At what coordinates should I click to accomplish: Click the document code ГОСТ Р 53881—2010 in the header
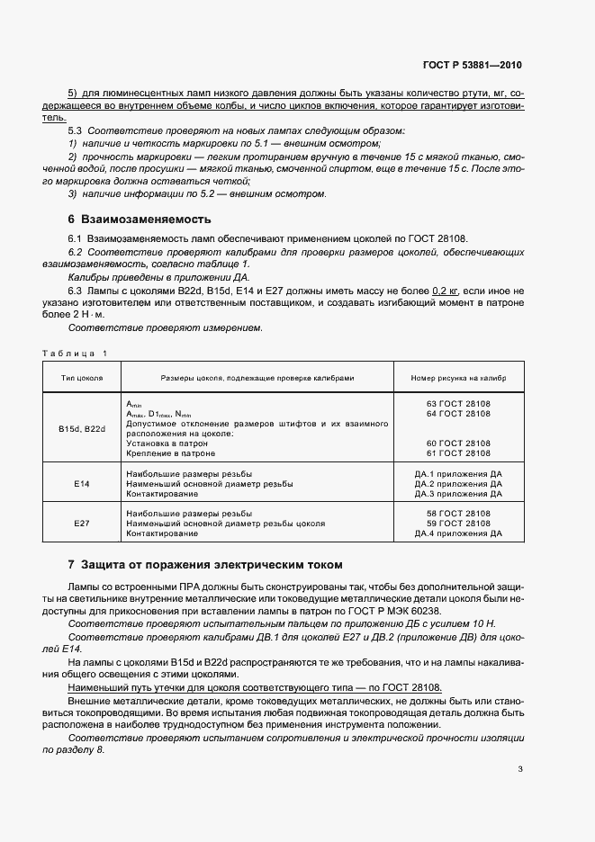click(472, 66)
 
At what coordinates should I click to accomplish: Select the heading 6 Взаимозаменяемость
click(140, 219)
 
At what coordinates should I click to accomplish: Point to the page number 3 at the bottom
click(520, 768)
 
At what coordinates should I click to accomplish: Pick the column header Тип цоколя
click(82, 378)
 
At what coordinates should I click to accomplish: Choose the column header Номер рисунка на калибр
click(458, 378)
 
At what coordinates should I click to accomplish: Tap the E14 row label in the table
click(82, 484)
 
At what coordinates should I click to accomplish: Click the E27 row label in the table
click(82, 524)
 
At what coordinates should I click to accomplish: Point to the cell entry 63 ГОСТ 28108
click(458, 404)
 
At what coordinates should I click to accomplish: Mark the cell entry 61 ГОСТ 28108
click(458, 453)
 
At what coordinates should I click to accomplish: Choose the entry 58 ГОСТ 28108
click(458, 513)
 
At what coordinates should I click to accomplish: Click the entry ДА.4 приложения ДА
click(458, 533)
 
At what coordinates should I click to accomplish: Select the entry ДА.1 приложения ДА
click(458, 474)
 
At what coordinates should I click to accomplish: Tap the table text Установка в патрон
click(165, 443)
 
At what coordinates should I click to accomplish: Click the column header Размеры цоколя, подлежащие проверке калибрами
click(257, 378)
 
